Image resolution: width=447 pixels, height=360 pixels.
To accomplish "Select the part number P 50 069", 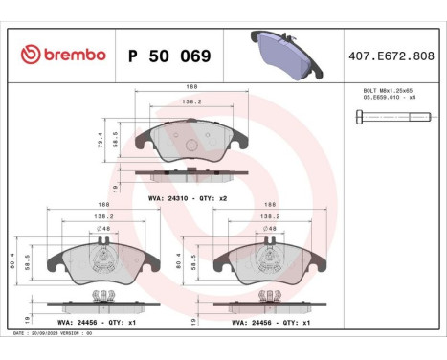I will [x=169, y=56].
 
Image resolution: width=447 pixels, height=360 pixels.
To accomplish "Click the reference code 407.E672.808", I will [x=391, y=56].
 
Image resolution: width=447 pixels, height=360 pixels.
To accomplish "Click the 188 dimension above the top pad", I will [x=178, y=86].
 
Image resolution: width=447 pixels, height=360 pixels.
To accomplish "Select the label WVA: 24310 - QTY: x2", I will [x=187, y=197].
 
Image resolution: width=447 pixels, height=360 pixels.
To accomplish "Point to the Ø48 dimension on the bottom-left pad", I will [x=106, y=229].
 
